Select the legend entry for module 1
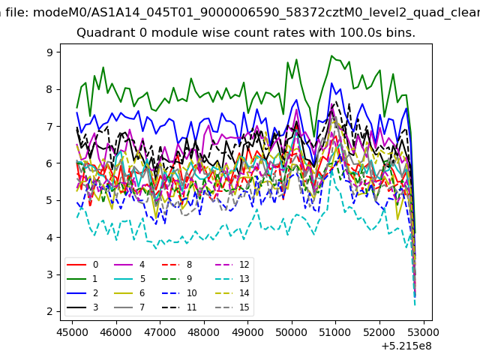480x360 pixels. click(82, 279)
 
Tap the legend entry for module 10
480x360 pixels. click(179, 293)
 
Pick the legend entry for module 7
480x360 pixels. click(130, 307)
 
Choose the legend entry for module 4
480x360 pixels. click(130, 265)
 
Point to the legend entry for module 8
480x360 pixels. click(177, 265)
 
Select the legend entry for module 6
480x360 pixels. click(130, 293)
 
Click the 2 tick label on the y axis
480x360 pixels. click(49, 312)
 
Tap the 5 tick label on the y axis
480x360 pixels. click(49, 200)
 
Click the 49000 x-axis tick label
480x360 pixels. click(247, 332)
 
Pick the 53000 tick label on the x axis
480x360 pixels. click(423, 332)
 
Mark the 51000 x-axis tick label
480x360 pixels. click(335, 332)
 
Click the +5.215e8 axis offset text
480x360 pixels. click(406, 346)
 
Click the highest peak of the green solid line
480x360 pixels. click(331, 55)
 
